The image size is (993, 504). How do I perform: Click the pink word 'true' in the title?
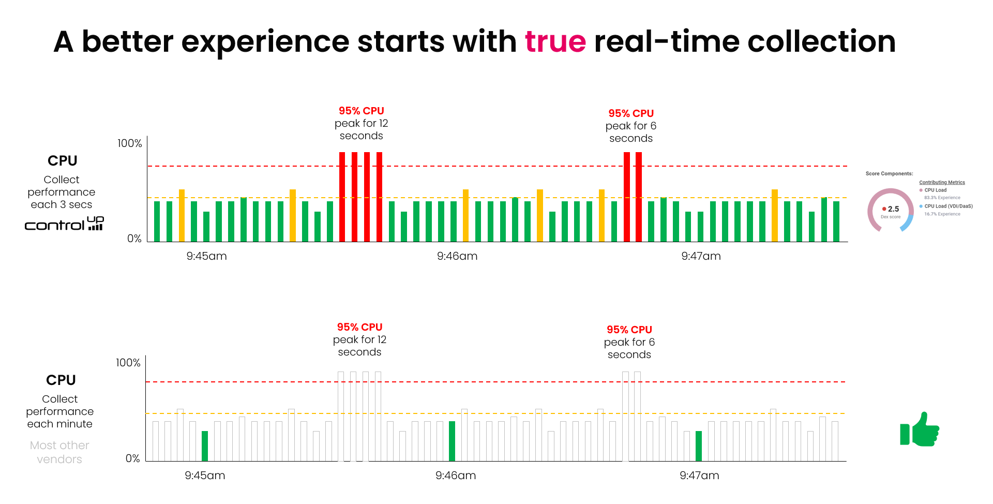555,41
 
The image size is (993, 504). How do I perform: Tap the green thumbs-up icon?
920,429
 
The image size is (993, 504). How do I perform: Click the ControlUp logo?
64,224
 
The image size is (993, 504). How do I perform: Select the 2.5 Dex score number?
893,209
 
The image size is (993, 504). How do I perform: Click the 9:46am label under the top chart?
457,256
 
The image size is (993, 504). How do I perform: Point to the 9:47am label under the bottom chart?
699,476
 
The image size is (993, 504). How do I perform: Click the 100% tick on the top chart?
129,143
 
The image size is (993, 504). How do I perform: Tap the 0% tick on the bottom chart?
133,458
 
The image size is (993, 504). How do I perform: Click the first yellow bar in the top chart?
182,215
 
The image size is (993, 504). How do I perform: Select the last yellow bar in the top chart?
774,215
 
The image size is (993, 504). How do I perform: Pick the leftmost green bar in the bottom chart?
205,446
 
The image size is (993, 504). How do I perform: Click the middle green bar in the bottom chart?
452,441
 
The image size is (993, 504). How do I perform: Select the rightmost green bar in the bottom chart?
699,446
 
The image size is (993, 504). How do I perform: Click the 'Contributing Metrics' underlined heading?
942,182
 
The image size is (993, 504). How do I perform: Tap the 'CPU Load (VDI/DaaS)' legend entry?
948,206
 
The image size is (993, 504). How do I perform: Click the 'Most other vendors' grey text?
59,452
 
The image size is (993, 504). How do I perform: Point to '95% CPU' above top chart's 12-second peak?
361,111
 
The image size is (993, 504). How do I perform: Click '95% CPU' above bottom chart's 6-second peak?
629,330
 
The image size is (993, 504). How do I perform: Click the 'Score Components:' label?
889,174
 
